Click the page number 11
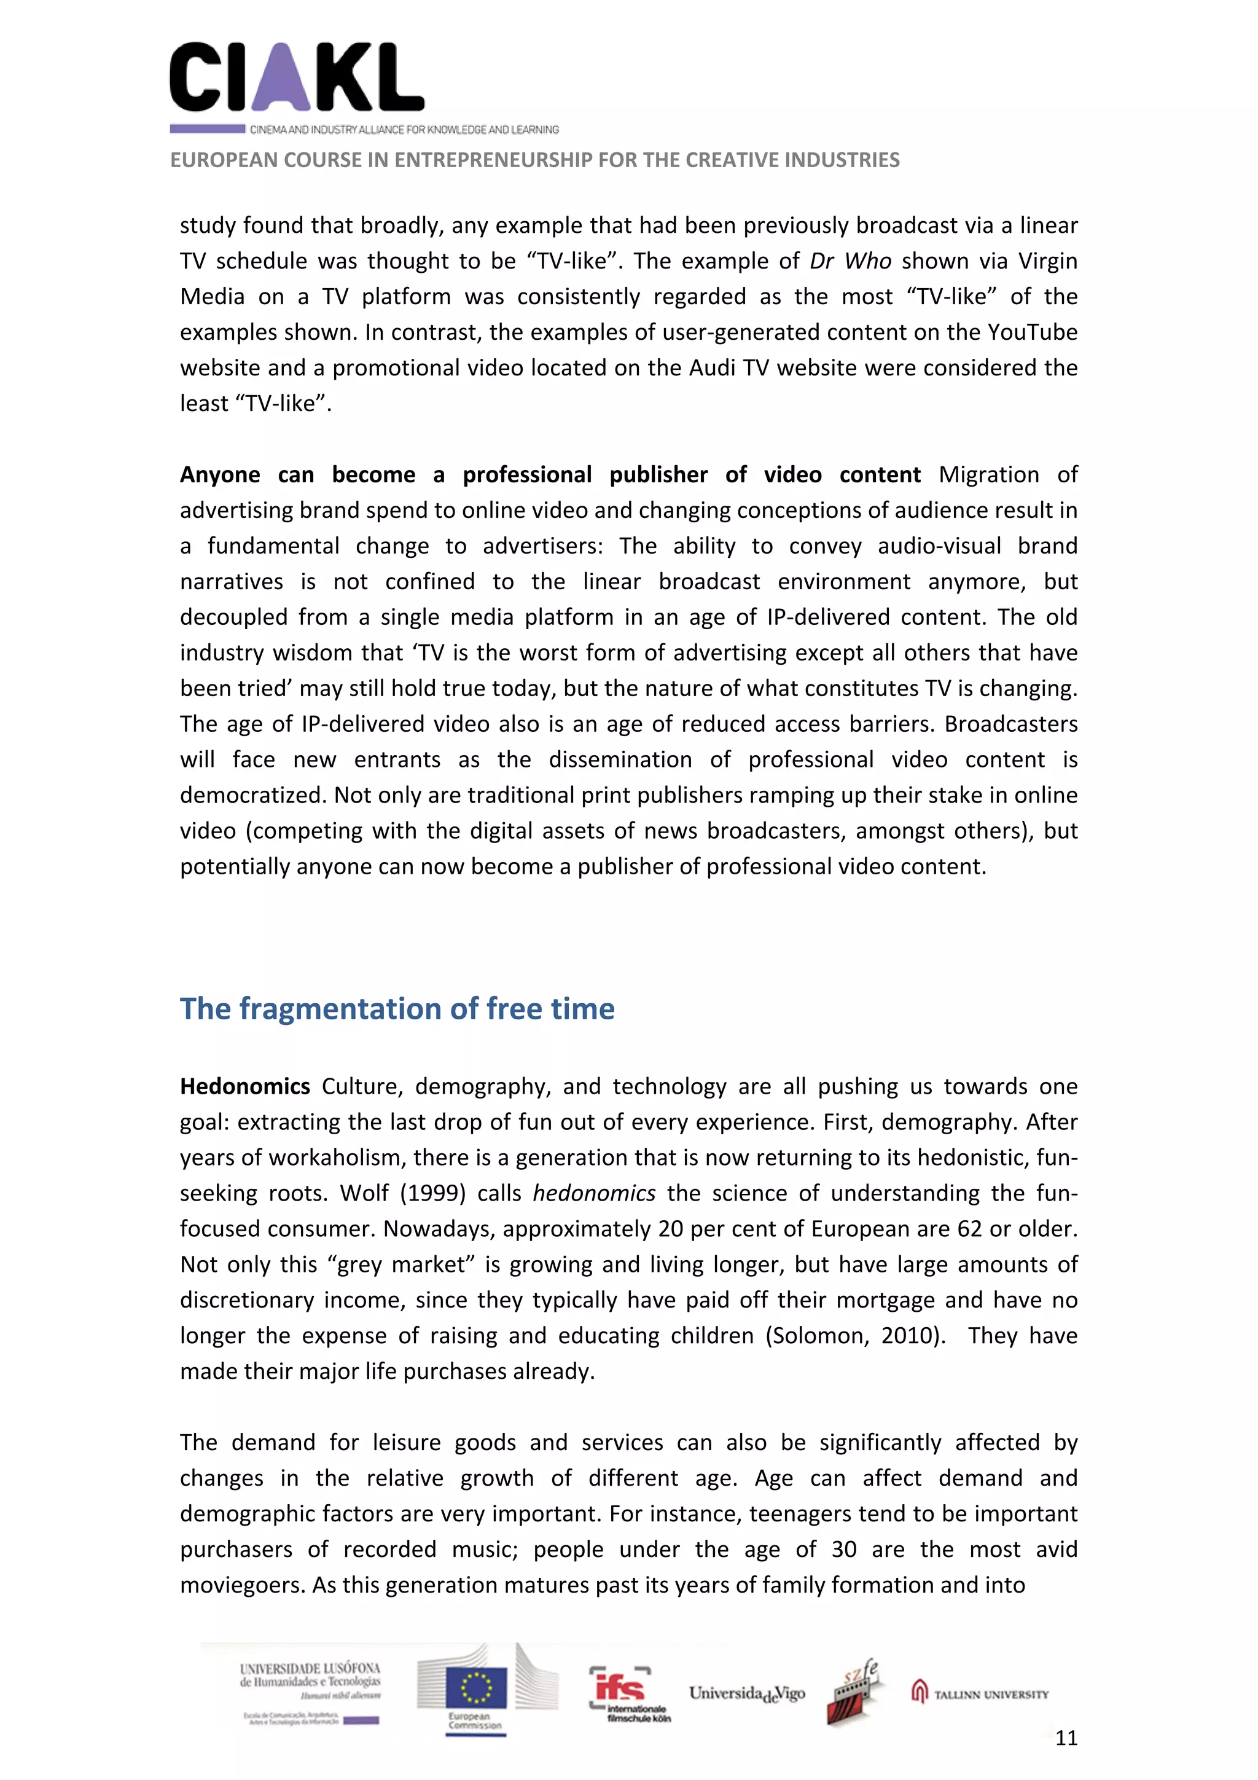(x=1066, y=1738)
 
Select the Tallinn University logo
(x=980, y=1694)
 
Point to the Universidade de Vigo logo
(x=746, y=1693)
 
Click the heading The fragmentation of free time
(x=397, y=1009)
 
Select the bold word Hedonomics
(x=245, y=1086)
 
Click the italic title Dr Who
(x=850, y=261)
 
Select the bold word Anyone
(x=220, y=474)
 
